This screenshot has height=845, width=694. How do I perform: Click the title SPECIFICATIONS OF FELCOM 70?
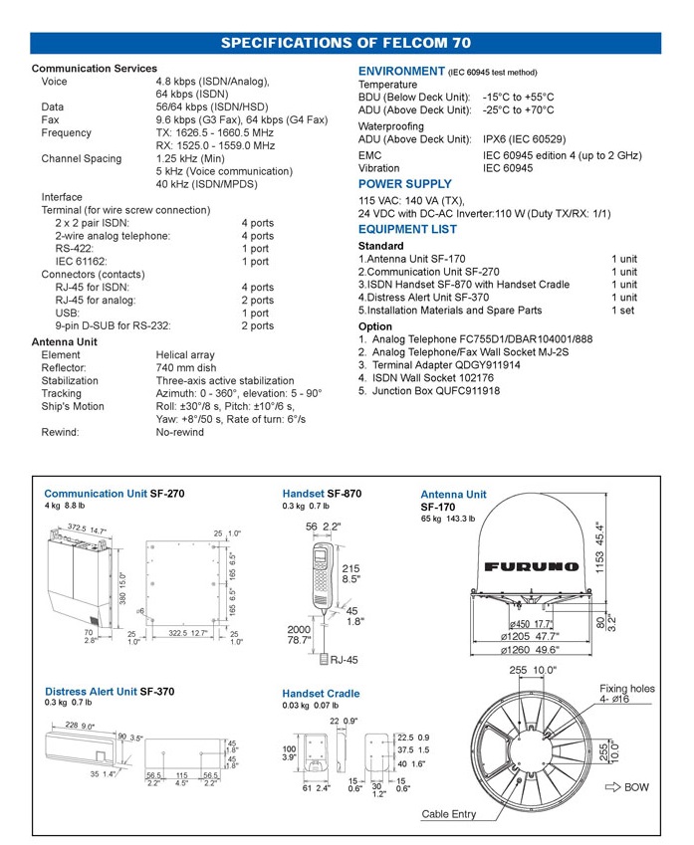tap(346, 43)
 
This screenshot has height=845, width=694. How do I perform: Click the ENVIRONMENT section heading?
tap(401, 72)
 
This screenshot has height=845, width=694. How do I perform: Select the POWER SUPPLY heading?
tap(404, 184)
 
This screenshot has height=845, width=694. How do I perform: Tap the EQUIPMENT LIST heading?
tap(407, 229)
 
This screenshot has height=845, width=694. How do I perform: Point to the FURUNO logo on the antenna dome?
tap(532, 566)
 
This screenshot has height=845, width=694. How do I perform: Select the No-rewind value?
tap(179, 432)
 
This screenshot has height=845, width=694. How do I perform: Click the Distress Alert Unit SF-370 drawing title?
tap(109, 691)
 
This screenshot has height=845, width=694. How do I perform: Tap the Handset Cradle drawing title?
tap(321, 694)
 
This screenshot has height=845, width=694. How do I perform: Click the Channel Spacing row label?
tap(81, 158)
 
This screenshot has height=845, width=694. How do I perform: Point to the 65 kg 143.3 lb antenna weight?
tap(449, 519)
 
